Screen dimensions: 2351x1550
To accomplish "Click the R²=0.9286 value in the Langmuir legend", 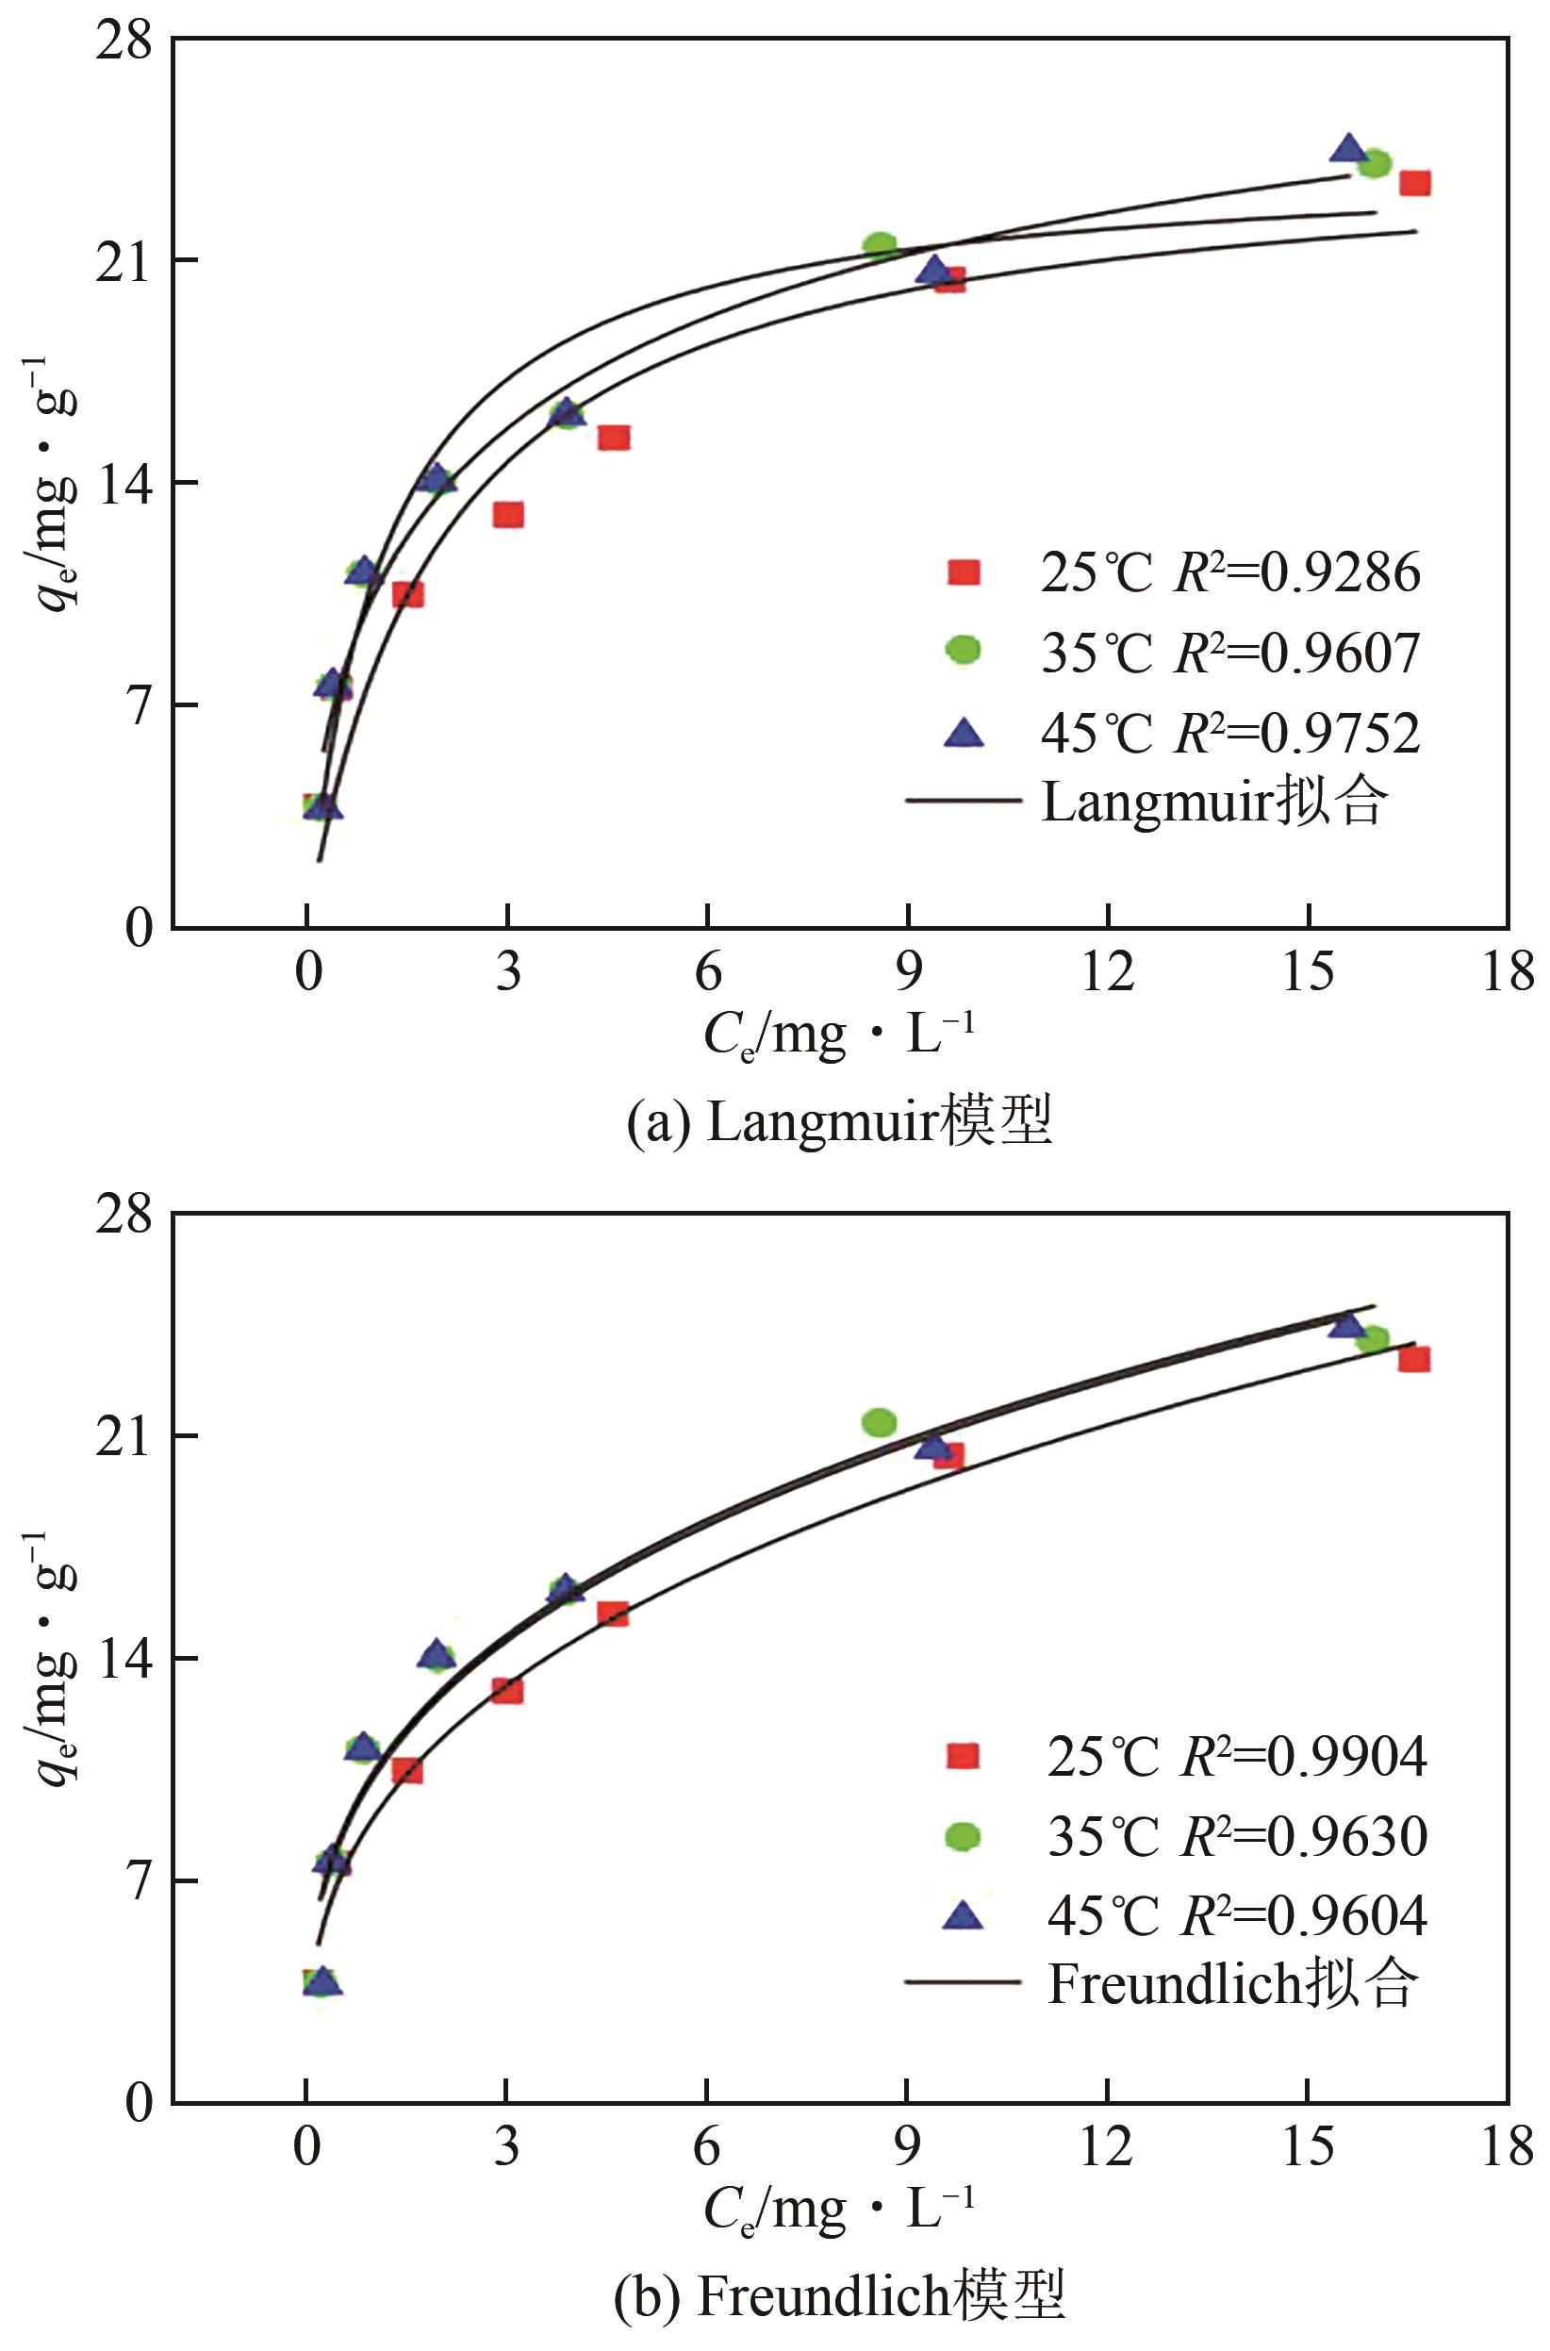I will point(1296,572).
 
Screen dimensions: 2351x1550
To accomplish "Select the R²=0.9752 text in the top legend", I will point(1296,733).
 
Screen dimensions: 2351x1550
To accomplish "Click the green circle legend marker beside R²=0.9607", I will point(963,650).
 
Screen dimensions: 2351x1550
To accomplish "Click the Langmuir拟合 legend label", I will point(1214,801).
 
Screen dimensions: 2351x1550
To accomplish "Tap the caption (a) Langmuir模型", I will point(839,1121).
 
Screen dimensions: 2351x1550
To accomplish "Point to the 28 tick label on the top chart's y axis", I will point(124,41).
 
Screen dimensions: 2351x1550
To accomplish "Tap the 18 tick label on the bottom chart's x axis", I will point(1508,2146).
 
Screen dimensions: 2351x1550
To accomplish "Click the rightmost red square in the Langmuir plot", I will point(1414,183).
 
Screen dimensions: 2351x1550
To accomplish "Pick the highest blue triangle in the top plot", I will point(1347,148).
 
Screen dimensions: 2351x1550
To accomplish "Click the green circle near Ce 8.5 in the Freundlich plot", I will point(879,1423).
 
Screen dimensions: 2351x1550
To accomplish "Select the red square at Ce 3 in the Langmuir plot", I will point(508,514).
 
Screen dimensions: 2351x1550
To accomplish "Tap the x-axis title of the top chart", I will point(839,1036).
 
